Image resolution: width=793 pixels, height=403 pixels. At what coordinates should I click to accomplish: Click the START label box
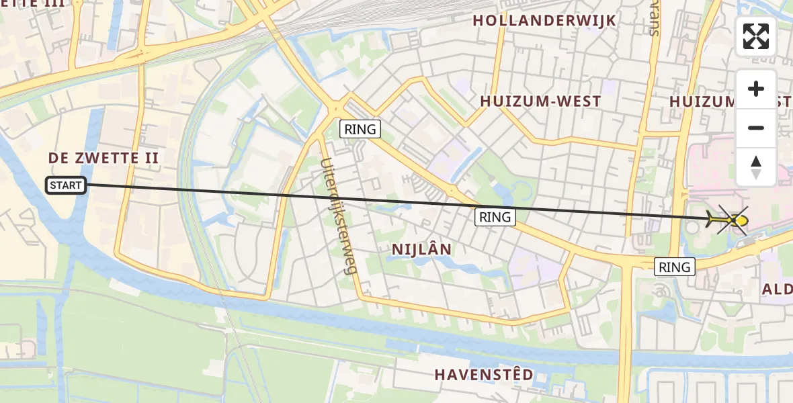(66, 185)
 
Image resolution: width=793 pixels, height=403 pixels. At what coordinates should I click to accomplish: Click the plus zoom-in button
(756, 89)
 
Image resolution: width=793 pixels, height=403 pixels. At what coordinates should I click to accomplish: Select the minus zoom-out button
(756, 128)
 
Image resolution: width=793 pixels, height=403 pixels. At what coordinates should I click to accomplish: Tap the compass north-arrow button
(756, 167)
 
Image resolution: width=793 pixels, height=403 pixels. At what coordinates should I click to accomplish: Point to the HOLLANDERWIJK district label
(544, 21)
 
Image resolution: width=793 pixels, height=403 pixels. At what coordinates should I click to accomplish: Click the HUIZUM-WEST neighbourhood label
(540, 101)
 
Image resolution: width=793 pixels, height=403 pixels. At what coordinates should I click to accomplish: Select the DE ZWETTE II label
(103, 159)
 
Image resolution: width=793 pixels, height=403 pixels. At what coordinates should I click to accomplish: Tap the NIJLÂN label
(422, 249)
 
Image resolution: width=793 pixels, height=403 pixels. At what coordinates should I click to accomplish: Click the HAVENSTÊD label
(484, 374)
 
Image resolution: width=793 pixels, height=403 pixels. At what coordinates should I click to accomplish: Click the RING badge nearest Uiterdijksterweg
(360, 129)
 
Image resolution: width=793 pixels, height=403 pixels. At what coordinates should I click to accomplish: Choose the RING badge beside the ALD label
(675, 267)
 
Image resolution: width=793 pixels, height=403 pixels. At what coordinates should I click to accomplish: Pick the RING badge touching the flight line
(495, 217)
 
